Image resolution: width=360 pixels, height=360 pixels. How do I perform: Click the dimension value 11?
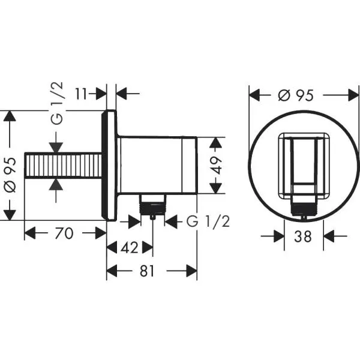(84, 94)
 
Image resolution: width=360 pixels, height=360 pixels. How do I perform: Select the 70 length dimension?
(64, 233)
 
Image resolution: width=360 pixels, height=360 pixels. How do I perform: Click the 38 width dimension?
(304, 237)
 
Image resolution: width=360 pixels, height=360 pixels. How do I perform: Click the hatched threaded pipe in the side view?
(62, 166)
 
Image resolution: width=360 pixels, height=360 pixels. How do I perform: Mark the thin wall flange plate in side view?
(111, 166)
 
